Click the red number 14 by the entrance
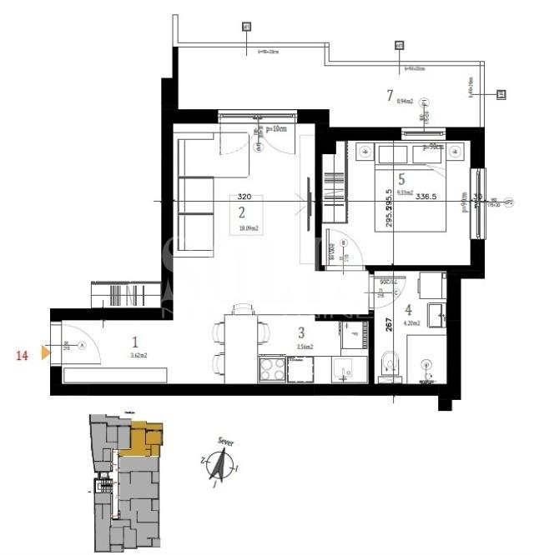click(22, 354)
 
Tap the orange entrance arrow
click(46, 354)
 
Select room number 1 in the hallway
click(135, 340)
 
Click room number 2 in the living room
click(241, 212)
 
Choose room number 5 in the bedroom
click(401, 177)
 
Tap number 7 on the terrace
click(390, 94)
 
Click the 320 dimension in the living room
click(244, 197)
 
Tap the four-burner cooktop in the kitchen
click(273, 367)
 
